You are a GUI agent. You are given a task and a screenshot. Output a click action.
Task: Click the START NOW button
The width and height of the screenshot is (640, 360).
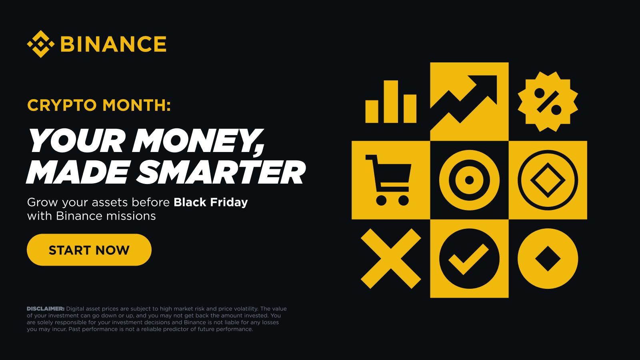pos(89,250)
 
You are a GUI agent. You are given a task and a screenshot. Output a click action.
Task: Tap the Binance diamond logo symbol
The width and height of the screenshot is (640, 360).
pos(40,44)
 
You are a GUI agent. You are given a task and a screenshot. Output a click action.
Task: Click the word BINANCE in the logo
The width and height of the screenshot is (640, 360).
pos(113,44)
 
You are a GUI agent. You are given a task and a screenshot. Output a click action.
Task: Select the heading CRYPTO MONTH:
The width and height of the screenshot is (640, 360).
pos(99,105)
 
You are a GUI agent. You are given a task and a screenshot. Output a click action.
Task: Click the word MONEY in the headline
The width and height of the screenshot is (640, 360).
pos(196,141)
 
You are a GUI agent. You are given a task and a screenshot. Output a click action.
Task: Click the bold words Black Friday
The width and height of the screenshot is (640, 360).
pos(211,202)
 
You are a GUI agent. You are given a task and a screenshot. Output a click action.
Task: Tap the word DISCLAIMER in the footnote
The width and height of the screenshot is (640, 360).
pos(45,309)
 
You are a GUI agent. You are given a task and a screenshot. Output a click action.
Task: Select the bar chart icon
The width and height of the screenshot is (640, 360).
pos(391,102)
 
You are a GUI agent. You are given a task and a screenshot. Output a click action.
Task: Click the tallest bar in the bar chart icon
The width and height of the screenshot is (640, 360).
pos(391,102)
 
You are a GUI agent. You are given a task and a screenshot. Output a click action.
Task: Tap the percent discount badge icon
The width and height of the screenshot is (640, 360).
pos(548,102)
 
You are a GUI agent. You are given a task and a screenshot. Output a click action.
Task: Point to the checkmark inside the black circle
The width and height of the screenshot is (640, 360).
pos(468,259)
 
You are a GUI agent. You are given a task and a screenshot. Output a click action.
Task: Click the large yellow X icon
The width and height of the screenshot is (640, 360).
pos(391,259)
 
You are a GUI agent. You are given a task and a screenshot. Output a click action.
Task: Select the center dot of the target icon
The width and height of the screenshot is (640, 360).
pos(469,180)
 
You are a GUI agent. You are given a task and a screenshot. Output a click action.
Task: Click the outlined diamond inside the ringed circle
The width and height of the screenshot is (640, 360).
pos(548,180)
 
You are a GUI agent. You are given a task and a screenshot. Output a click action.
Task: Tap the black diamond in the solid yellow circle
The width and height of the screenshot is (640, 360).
pos(548,259)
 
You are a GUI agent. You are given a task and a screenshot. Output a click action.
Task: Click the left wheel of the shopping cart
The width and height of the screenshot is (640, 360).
pos(381,200)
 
